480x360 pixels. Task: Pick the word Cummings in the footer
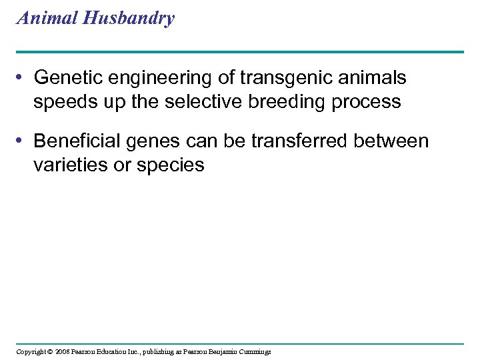pos(254,351)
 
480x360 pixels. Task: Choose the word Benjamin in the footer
pos(221,351)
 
